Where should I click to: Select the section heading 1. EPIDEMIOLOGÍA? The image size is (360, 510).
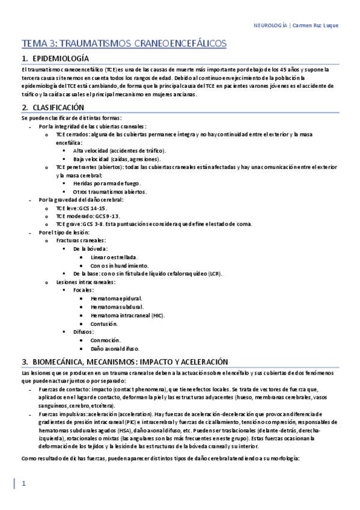(x=55, y=59)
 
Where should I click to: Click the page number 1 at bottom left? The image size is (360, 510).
(x=23, y=484)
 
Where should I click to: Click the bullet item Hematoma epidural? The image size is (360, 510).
(x=116, y=298)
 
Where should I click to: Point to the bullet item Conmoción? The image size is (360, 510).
(x=105, y=340)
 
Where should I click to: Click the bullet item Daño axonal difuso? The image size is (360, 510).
(x=115, y=348)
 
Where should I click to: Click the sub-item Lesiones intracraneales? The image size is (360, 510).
(x=86, y=281)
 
